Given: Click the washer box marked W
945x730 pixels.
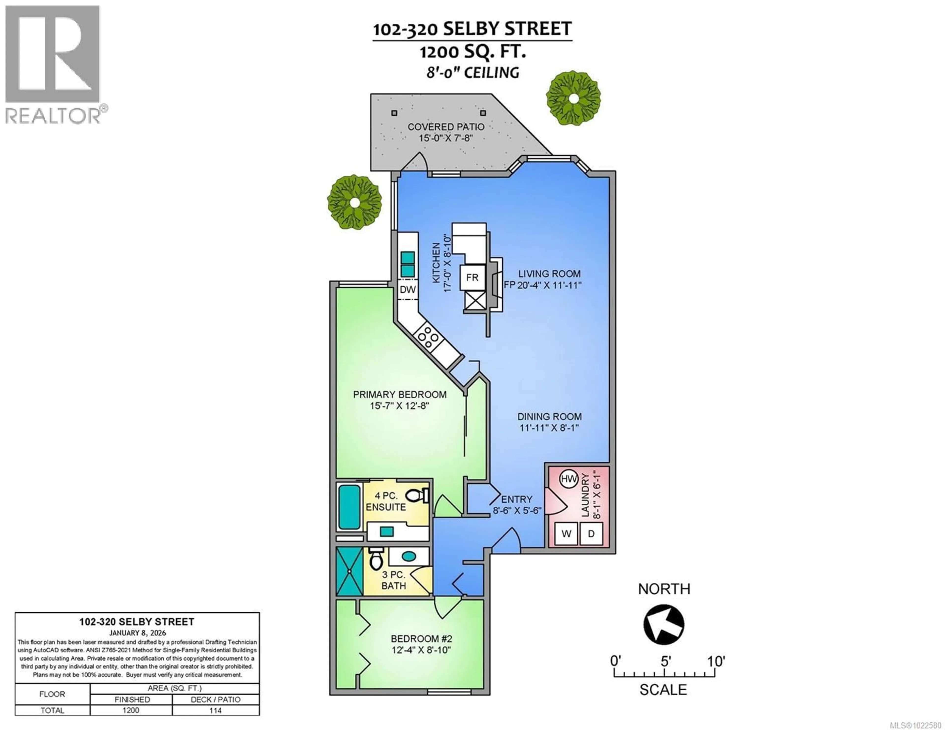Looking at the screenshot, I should [566, 534].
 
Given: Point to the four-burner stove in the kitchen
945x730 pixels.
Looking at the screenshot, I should [427, 336].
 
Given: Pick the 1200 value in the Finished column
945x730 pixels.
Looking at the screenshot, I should [131, 710].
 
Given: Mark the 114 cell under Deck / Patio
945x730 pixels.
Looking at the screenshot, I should [216, 710].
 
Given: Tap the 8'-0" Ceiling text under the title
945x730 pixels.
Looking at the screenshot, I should [472, 73].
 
